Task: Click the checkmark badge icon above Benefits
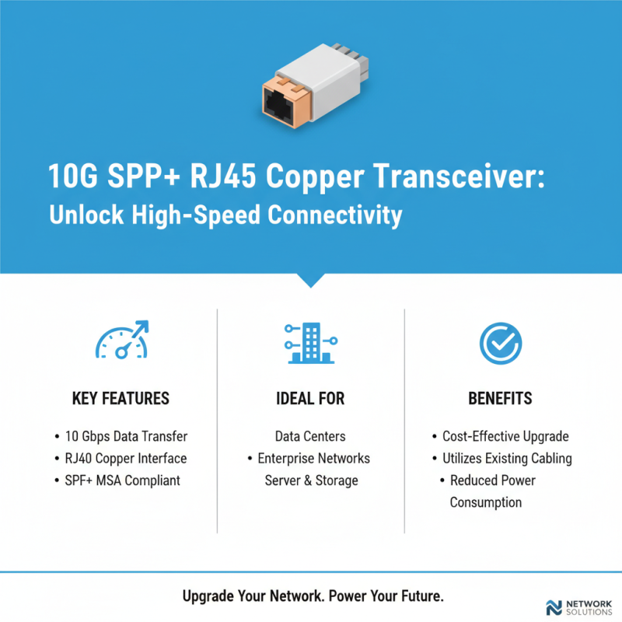coord(500,342)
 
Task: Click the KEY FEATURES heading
coord(121,399)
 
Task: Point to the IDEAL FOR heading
coord(310,399)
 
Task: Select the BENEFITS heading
coord(500,399)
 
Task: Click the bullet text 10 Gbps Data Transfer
coord(125,436)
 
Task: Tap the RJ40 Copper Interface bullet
coord(125,458)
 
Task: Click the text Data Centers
coord(310,436)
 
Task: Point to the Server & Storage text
coord(311,480)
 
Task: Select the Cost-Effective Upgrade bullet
coord(505,436)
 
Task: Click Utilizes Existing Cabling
coord(507,458)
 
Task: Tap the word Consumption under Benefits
coord(485,502)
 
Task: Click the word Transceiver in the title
coord(458,177)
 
